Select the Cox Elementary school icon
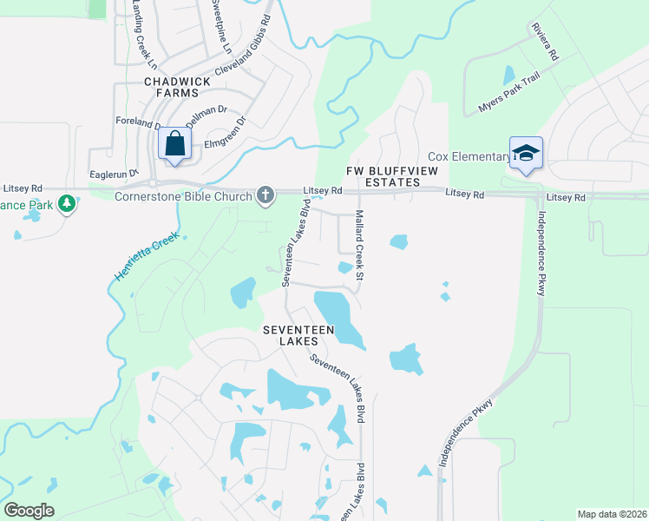tap(526, 154)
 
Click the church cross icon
tap(265, 195)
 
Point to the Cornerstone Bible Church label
tap(184, 196)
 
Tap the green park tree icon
tap(67, 204)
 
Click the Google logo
tap(29, 511)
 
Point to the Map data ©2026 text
tap(612, 514)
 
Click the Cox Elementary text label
tap(469, 156)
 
